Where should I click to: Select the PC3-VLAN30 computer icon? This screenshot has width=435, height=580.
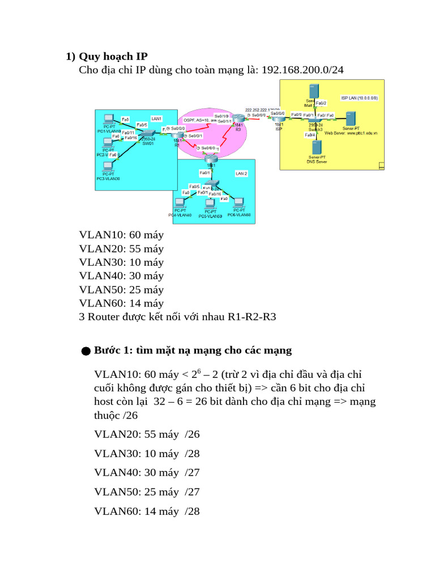point(106,167)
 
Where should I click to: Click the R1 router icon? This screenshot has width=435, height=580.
point(177,137)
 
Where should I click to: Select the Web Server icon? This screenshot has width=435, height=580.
point(350,119)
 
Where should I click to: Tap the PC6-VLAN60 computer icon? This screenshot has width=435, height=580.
point(238,203)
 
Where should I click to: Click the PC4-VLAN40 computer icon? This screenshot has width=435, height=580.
point(180,203)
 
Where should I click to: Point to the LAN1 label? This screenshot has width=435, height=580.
point(157,118)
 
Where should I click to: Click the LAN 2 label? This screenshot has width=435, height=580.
point(241,173)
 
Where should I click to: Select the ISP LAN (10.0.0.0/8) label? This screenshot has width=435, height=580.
point(359,98)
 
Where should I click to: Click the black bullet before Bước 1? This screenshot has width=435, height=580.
point(86,352)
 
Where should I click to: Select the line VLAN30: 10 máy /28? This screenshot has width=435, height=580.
point(147,454)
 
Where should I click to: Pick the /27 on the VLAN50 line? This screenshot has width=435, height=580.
point(192,492)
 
